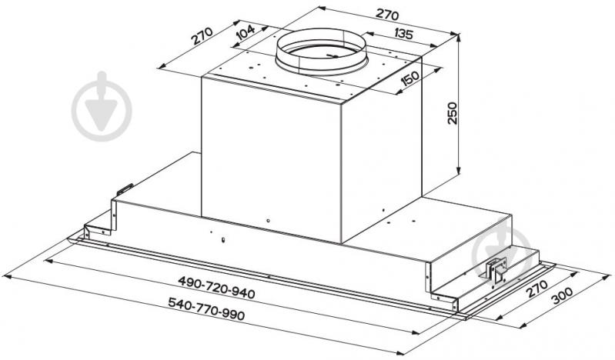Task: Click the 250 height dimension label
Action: pos(453,113)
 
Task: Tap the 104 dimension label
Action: pos(246,32)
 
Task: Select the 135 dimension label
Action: pos(403,34)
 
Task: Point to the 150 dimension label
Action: pos(409,78)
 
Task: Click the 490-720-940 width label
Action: pos(216,287)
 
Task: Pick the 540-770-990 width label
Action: pos(206,308)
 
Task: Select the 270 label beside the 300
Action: pos(536,288)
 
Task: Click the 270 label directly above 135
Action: pos(387,14)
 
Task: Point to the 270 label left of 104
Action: pos(202,35)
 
